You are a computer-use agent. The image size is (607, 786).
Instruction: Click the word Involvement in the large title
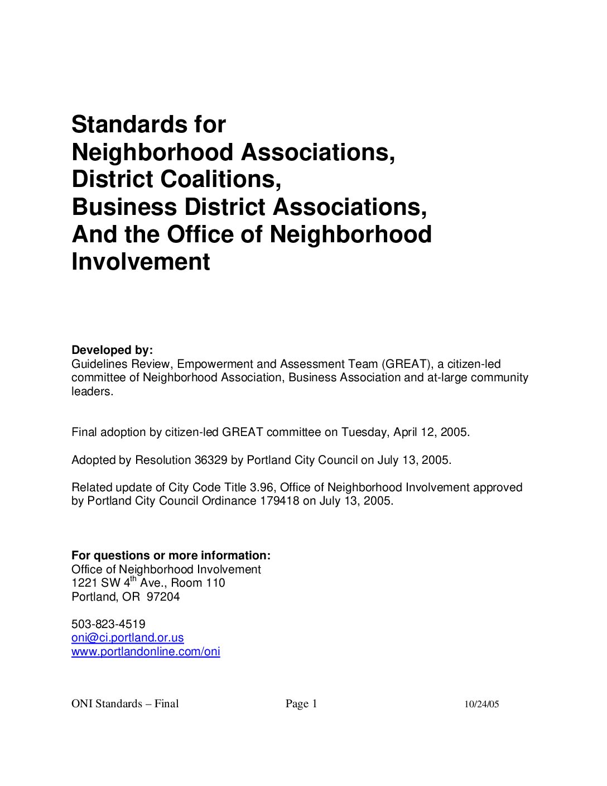click(x=141, y=261)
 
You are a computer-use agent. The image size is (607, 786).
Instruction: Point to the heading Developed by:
click(x=112, y=350)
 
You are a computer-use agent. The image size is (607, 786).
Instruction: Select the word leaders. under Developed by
click(x=92, y=391)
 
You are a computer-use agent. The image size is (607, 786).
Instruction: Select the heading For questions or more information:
click(x=171, y=555)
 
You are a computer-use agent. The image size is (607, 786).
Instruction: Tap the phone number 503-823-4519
click(x=108, y=624)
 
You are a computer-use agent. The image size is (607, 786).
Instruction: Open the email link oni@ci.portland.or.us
click(x=127, y=638)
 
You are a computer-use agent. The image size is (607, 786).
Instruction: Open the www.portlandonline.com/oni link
click(x=146, y=651)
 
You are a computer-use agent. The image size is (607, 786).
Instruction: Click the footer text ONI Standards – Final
click(x=125, y=704)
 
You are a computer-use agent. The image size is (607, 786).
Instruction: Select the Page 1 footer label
click(x=301, y=704)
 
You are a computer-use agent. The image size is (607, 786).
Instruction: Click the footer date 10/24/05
click(x=481, y=704)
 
